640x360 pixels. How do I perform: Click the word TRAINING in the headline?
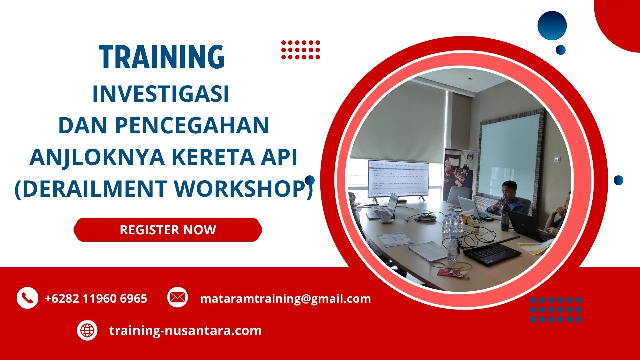[x=162, y=57]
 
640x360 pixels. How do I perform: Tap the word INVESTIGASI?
[x=161, y=94]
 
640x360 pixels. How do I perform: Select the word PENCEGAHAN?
[x=192, y=126]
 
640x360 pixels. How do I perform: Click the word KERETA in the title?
[x=213, y=157]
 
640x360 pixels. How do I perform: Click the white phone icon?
[x=27, y=298]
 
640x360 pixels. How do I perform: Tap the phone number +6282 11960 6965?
[x=96, y=298]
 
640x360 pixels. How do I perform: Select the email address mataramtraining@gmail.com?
[x=285, y=298]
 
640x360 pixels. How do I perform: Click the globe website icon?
[x=87, y=330]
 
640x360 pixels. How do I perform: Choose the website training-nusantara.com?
[x=185, y=331]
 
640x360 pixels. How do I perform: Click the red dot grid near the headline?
[x=300, y=50]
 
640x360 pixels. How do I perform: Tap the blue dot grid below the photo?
[x=555, y=310]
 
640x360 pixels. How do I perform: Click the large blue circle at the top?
[x=552, y=26]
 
